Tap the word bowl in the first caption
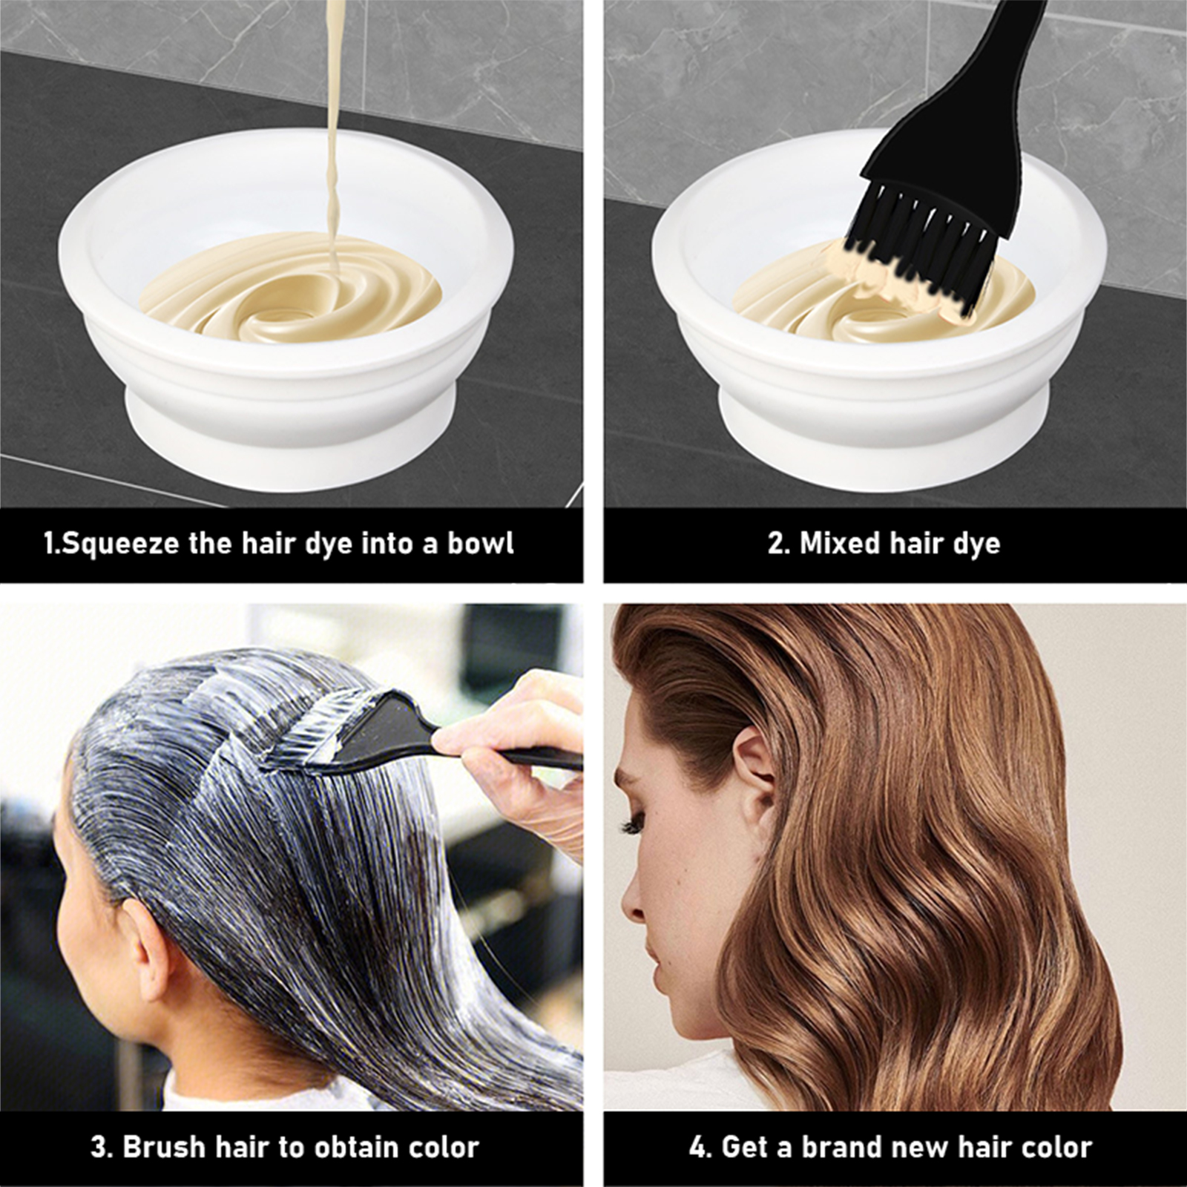(x=480, y=543)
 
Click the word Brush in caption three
(x=164, y=1147)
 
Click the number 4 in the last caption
(x=698, y=1147)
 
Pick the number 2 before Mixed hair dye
(x=775, y=543)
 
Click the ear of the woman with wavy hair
(x=754, y=772)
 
